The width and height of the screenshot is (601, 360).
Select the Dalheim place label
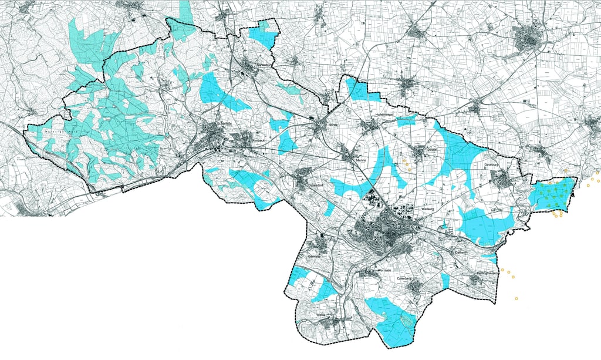tap(461, 252)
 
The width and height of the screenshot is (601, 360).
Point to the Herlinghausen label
tap(487, 274)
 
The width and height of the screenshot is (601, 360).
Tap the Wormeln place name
tap(366, 271)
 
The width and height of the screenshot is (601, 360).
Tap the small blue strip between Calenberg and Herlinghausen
tap(445, 281)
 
